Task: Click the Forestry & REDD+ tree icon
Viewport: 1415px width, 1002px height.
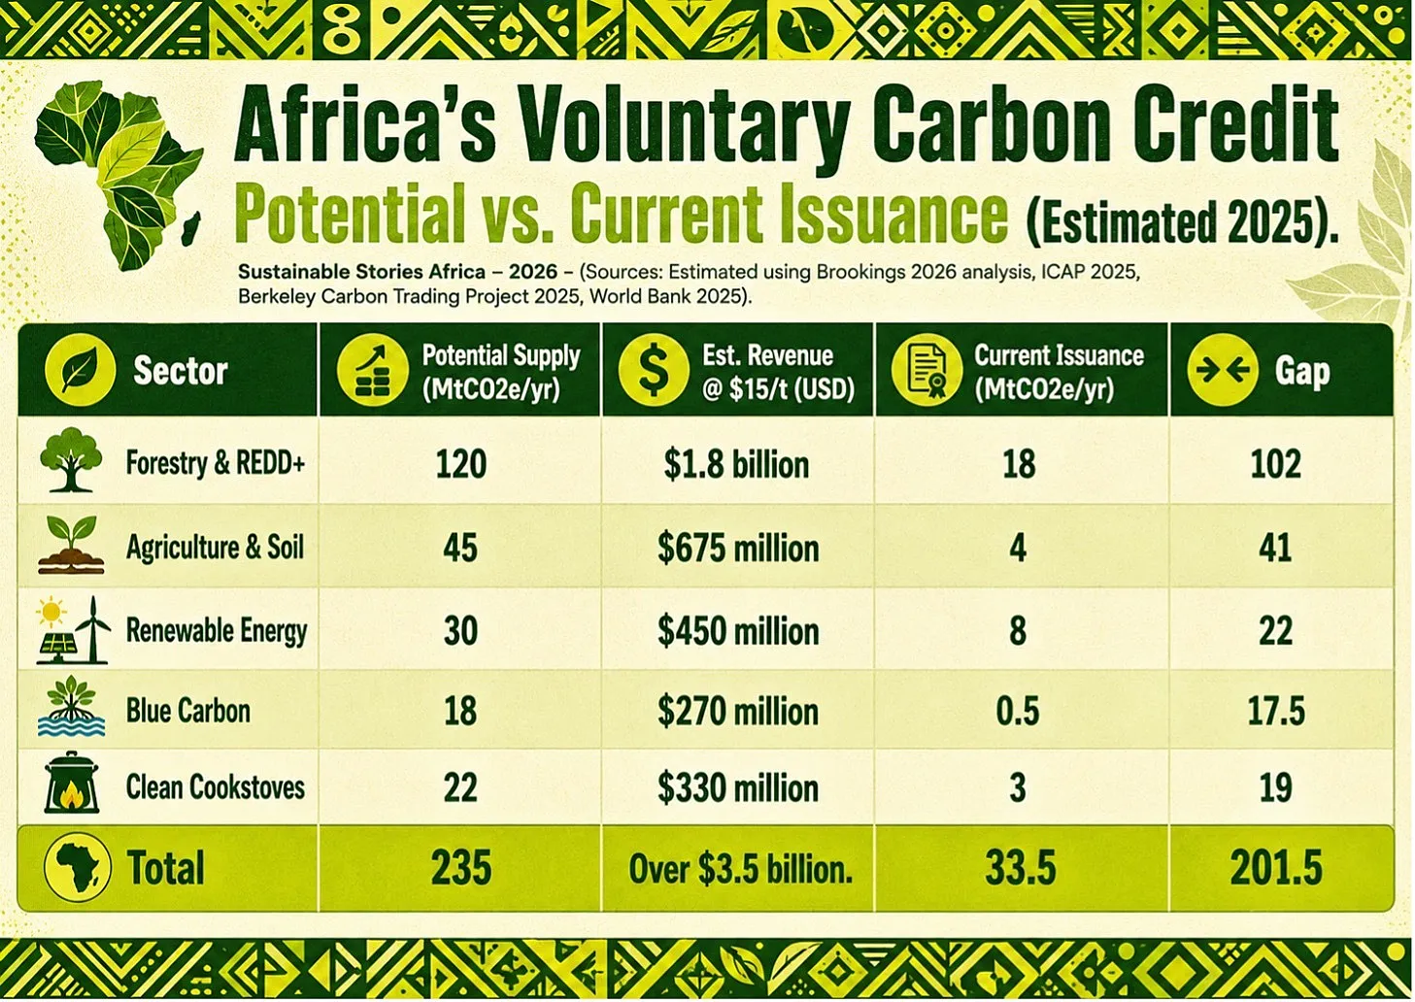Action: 71,459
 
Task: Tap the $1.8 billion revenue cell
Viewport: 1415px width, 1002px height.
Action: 736,465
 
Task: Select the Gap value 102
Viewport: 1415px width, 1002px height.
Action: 1275,464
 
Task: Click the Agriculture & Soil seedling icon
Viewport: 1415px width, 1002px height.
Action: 71,545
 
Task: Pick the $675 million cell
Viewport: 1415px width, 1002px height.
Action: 738,548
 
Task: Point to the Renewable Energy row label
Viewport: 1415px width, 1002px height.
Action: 217,631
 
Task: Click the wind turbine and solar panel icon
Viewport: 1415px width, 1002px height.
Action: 73,629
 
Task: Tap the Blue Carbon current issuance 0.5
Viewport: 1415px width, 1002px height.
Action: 1018,711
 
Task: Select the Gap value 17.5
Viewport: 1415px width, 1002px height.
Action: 1276,711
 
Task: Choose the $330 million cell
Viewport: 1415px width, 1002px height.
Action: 738,788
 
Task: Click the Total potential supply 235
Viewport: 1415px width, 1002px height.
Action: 461,868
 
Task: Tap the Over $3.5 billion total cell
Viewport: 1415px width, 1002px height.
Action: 740,869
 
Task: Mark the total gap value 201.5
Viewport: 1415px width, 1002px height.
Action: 1276,868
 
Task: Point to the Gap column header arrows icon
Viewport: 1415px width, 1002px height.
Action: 1223,370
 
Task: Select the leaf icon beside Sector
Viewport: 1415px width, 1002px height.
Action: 80,370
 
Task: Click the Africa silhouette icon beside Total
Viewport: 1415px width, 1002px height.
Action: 78,867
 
